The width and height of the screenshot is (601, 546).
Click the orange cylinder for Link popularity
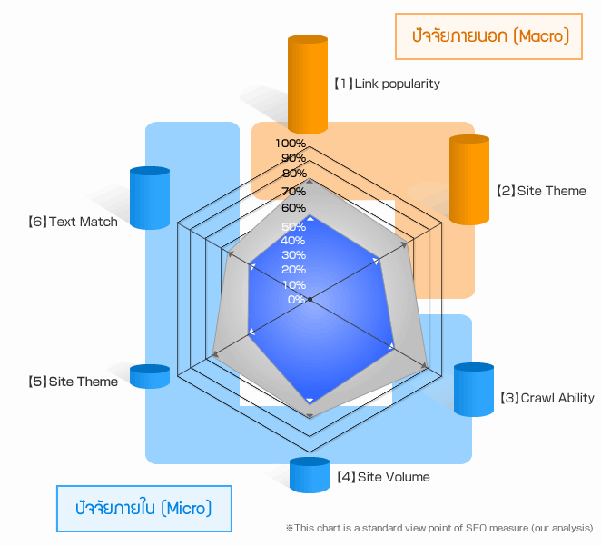(x=308, y=84)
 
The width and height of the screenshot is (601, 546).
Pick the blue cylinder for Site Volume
(x=309, y=475)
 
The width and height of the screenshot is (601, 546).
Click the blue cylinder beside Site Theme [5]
(x=150, y=376)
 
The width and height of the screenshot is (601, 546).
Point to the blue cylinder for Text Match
(x=150, y=197)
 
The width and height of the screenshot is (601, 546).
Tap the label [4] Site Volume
(x=381, y=477)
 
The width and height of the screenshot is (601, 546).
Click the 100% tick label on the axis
(x=291, y=144)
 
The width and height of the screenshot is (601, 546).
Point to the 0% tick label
(x=296, y=300)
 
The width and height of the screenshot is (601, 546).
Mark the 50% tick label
(x=293, y=226)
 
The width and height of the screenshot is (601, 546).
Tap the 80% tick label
(x=293, y=174)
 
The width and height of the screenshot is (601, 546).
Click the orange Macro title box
(x=488, y=36)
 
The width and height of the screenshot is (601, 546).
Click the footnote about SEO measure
(x=438, y=528)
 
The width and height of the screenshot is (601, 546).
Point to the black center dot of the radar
(x=310, y=299)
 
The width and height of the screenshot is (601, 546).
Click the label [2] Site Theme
(x=541, y=191)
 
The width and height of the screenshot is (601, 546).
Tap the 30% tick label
(x=293, y=255)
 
